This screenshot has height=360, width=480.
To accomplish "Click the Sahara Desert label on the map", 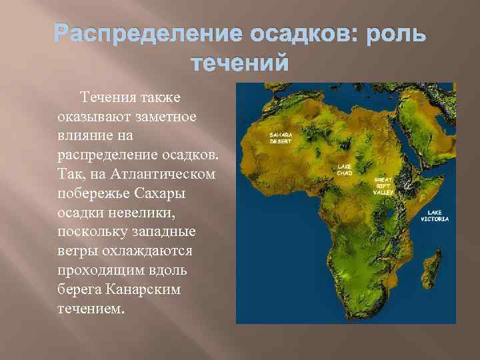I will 280,137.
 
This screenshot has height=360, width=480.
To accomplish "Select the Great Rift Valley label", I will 383,185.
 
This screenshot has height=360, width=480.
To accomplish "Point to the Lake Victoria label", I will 438,216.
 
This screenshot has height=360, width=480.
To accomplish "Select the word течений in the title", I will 240,64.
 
